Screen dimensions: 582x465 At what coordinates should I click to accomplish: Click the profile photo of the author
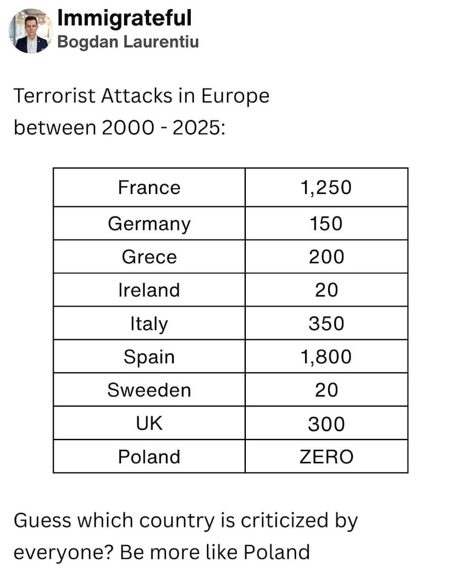coord(30,31)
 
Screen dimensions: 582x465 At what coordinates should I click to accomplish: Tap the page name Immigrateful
coord(124,18)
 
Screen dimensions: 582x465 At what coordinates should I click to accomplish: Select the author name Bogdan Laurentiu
coord(128,42)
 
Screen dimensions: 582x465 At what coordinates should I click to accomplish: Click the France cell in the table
coord(149,187)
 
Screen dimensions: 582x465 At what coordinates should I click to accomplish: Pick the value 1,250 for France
coord(326,187)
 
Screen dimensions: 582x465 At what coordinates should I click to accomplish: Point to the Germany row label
coord(149,224)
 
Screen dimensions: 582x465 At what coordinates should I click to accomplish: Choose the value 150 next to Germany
coord(326,224)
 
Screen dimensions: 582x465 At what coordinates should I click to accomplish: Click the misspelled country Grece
coord(149,257)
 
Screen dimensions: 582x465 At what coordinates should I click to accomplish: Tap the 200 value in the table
coord(326,257)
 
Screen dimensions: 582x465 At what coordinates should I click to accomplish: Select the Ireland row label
coord(149,290)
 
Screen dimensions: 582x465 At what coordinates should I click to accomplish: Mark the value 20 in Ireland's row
coord(326,290)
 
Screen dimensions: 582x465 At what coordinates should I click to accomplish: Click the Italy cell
coord(149,323)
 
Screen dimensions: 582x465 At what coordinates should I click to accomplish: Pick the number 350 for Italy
coord(326,323)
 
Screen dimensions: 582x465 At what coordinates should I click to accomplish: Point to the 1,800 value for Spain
coord(326,356)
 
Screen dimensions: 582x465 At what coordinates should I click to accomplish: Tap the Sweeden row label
coord(149,390)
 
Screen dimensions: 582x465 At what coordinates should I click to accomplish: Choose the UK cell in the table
coord(149,423)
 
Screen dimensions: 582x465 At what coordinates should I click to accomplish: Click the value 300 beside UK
coord(326,423)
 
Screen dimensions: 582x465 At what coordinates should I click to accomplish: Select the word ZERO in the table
coord(326,456)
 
